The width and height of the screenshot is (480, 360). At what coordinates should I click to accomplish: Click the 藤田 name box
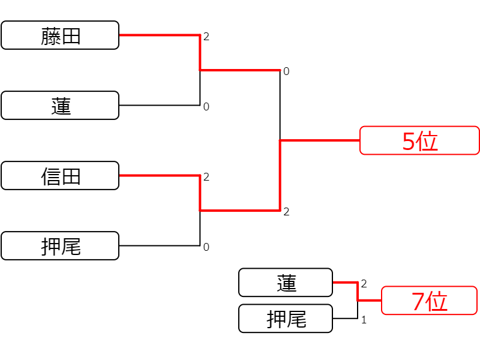click(60, 35)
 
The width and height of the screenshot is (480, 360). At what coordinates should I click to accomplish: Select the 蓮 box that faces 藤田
click(60, 106)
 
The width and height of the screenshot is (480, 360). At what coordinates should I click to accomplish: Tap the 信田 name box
click(60, 175)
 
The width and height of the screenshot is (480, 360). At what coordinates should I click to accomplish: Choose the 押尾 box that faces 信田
click(60, 246)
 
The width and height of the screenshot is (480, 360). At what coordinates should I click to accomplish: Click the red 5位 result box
click(419, 140)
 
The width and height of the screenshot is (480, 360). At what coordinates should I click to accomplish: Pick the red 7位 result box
click(429, 301)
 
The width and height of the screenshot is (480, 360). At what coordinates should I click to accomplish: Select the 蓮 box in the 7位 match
click(286, 283)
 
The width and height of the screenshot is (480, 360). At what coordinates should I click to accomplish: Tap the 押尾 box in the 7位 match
click(286, 319)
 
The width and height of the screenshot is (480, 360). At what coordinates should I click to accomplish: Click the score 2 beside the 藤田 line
click(206, 37)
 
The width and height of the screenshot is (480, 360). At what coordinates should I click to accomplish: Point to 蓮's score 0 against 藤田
click(206, 107)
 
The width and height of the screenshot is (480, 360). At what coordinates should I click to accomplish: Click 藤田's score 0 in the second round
click(286, 71)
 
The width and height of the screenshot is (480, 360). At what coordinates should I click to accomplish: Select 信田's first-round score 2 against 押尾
click(206, 177)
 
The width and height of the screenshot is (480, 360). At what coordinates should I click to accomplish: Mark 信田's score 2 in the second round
click(286, 212)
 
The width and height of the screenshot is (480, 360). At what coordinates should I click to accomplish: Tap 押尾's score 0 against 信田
click(206, 247)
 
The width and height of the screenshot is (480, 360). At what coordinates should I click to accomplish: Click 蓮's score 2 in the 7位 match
click(364, 284)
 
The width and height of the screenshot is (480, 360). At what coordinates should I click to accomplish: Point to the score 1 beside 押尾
click(364, 320)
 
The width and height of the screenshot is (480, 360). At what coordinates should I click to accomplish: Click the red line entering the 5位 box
click(320, 140)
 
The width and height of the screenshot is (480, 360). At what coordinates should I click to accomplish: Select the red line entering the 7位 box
click(370, 301)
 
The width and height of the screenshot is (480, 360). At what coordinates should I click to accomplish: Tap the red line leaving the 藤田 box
click(160, 35)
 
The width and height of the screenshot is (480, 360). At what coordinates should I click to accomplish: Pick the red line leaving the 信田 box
click(160, 175)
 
